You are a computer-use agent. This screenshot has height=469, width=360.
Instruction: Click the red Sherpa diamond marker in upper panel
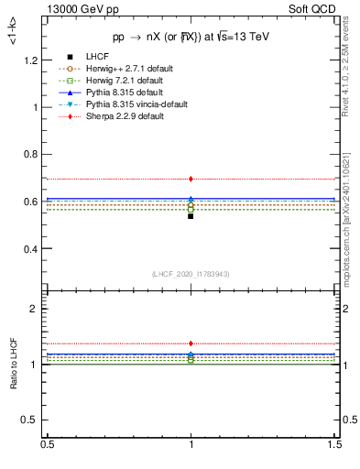coord(191,179)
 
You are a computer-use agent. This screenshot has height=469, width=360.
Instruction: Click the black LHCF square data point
coord(191,216)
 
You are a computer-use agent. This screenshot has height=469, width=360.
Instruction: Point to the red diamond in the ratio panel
coord(191,344)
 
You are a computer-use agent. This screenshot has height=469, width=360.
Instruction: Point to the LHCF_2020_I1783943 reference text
coord(191,274)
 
